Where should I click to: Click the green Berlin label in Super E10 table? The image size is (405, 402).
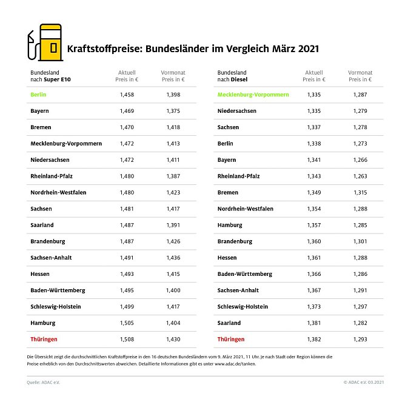click(38, 95)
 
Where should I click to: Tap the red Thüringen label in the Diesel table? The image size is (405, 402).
click(231, 339)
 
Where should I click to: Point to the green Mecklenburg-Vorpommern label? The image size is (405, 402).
click(253, 95)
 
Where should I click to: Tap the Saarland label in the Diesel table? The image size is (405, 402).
click(229, 323)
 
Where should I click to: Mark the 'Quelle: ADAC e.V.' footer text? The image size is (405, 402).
click(44, 382)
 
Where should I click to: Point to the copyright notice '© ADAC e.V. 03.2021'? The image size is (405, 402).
click(363, 382)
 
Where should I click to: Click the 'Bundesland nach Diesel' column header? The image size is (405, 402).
click(233, 76)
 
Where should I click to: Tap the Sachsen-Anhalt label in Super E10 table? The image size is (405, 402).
click(51, 258)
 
